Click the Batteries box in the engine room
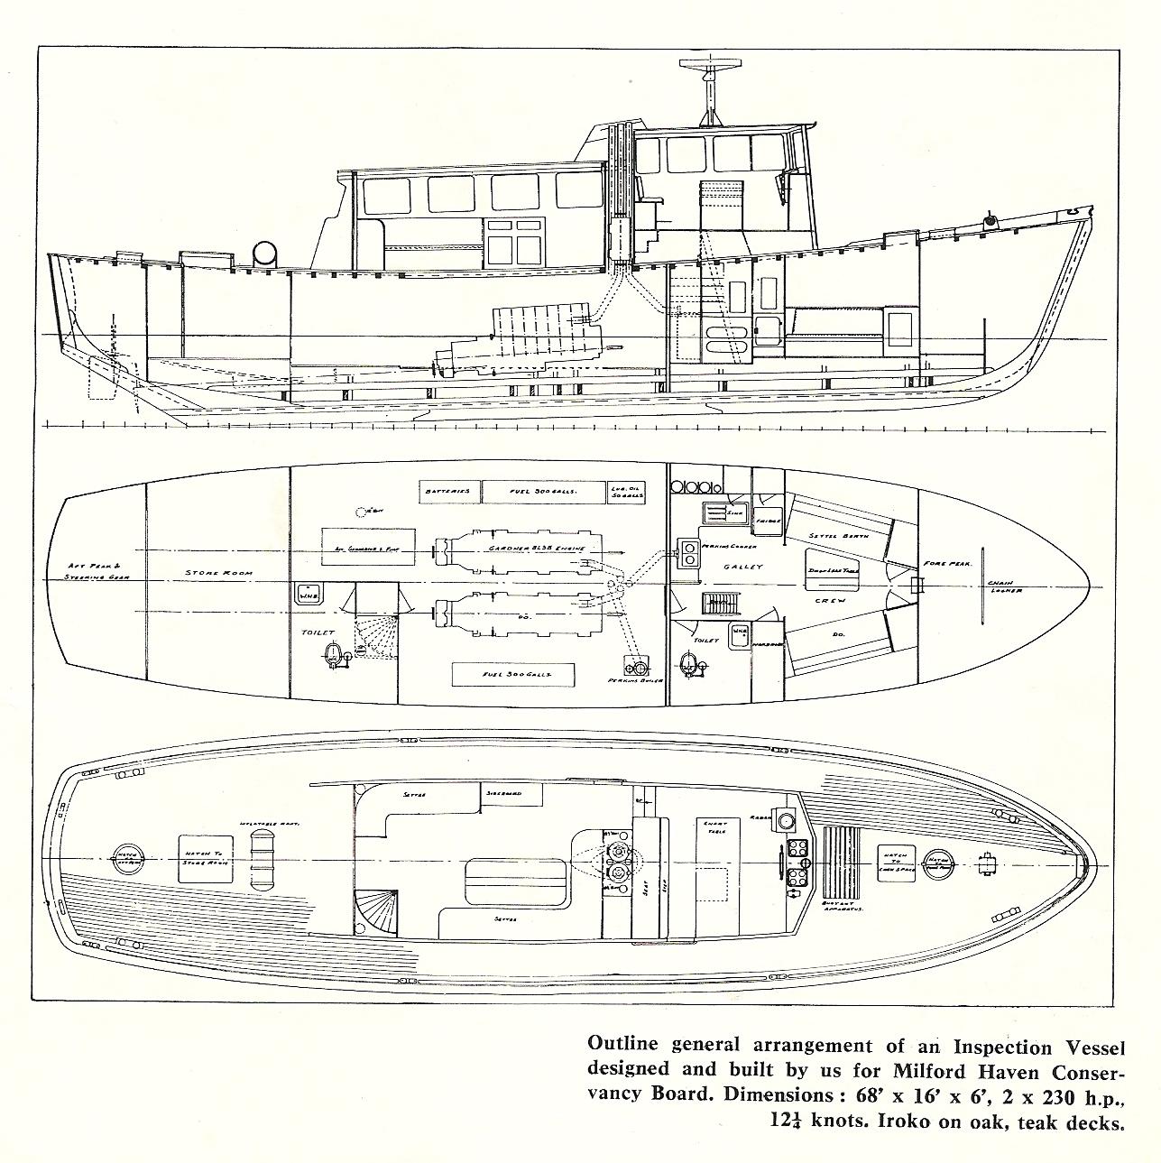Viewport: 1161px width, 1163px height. point(448,491)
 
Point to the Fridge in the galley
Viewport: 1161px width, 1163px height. point(768,522)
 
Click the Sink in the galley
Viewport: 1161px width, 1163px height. point(717,513)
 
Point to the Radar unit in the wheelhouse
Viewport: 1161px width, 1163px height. point(784,820)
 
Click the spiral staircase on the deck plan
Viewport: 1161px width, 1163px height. point(375,911)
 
